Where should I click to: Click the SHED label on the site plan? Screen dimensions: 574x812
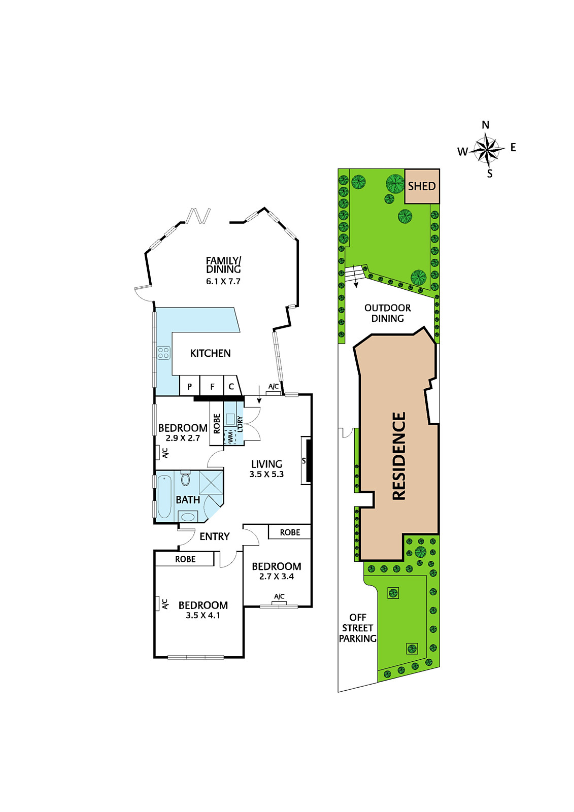click(x=421, y=186)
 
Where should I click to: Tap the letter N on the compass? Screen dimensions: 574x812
click(x=485, y=125)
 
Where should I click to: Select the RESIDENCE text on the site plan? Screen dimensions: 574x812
click(x=399, y=456)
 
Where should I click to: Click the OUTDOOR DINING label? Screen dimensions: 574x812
click(x=387, y=313)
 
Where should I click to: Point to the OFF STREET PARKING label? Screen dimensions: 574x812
click(x=357, y=628)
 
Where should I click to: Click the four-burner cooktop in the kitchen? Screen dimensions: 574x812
click(x=163, y=353)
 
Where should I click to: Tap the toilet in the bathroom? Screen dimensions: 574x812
click(x=185, y=479)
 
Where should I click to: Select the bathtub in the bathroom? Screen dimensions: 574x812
click(x=164, y=497)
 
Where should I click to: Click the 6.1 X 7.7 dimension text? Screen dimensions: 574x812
click(x=223, y=281)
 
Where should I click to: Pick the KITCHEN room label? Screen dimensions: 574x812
click(x=210, y=353)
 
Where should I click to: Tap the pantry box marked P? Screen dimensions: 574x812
click(x=189, y=386)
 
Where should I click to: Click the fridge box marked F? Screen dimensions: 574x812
click(x=212, y=386)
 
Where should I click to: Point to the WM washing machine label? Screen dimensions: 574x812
click(x=230, y=437)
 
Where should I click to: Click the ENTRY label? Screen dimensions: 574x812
click(x=215, y=536)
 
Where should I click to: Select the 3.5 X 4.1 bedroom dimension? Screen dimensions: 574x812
click(x=203, y=615)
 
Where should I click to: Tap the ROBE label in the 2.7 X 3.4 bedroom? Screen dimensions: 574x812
click(x=290, y=532)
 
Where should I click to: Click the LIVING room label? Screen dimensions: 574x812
click(x=266, y=464)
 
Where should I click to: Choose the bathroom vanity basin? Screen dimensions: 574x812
click(x=187, y=517)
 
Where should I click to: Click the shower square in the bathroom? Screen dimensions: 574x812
click(x=211, y=483)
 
